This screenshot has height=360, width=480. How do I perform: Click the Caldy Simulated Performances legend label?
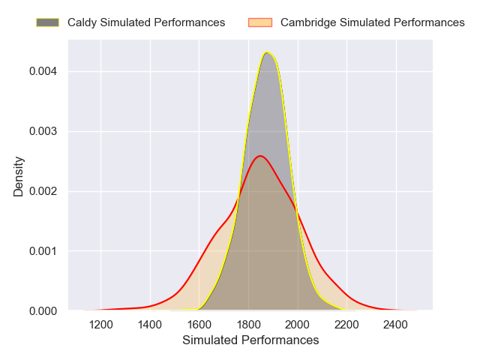tap(146, 22)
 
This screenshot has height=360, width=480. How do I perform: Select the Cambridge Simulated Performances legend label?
tap(372, 22)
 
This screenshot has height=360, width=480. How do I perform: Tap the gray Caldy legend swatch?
tap(47, 22)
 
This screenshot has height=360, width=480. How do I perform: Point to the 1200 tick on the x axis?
tap(101, 325)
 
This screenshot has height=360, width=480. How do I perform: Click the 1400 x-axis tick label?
tap(150, 325)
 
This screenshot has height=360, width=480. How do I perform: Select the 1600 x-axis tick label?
tap(199, 325)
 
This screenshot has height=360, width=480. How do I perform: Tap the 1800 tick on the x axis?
tap(248, 325)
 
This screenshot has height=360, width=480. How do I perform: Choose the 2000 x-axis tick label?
tap(298, 325)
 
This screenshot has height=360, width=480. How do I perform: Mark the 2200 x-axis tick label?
tap(346, 325)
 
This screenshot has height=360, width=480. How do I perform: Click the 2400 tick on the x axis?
tap(396, 325)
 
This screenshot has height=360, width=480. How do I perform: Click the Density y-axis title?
tap(19, 175)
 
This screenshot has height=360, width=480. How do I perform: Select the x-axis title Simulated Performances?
tap(250, 340)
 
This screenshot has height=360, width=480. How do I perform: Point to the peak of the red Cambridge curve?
tap(260, 156)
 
